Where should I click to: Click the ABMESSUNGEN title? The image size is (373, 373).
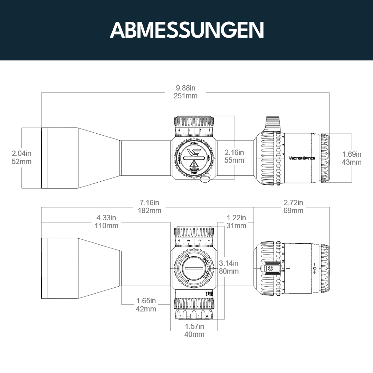click(x=186, y=30)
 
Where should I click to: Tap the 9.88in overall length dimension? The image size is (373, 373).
click(x=185, y=88)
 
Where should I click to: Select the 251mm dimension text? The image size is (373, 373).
click(x=185, y=96)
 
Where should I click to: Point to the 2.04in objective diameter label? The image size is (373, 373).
click(x=21, y=153)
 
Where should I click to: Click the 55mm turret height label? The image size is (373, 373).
click(x=234, y=160)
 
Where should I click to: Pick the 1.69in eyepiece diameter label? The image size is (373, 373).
click(x=352, y=154)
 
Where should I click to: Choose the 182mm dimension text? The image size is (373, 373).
click(x=150, y=210)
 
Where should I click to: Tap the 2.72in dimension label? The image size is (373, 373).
click(x=293, y=203)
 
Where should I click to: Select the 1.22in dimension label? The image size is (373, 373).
click(x=237, y=218)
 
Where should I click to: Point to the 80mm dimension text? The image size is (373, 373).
click(x=229, y=271)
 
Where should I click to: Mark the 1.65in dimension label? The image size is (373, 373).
click(x=146, y=301)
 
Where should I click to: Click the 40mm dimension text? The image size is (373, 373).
click(x=194, y=334)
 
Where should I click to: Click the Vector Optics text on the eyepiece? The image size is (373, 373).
click(x=302, y=158)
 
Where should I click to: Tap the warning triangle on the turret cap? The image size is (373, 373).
click(x=193, y=164)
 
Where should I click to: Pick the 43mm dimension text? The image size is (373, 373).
click(x=352, y=162)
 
